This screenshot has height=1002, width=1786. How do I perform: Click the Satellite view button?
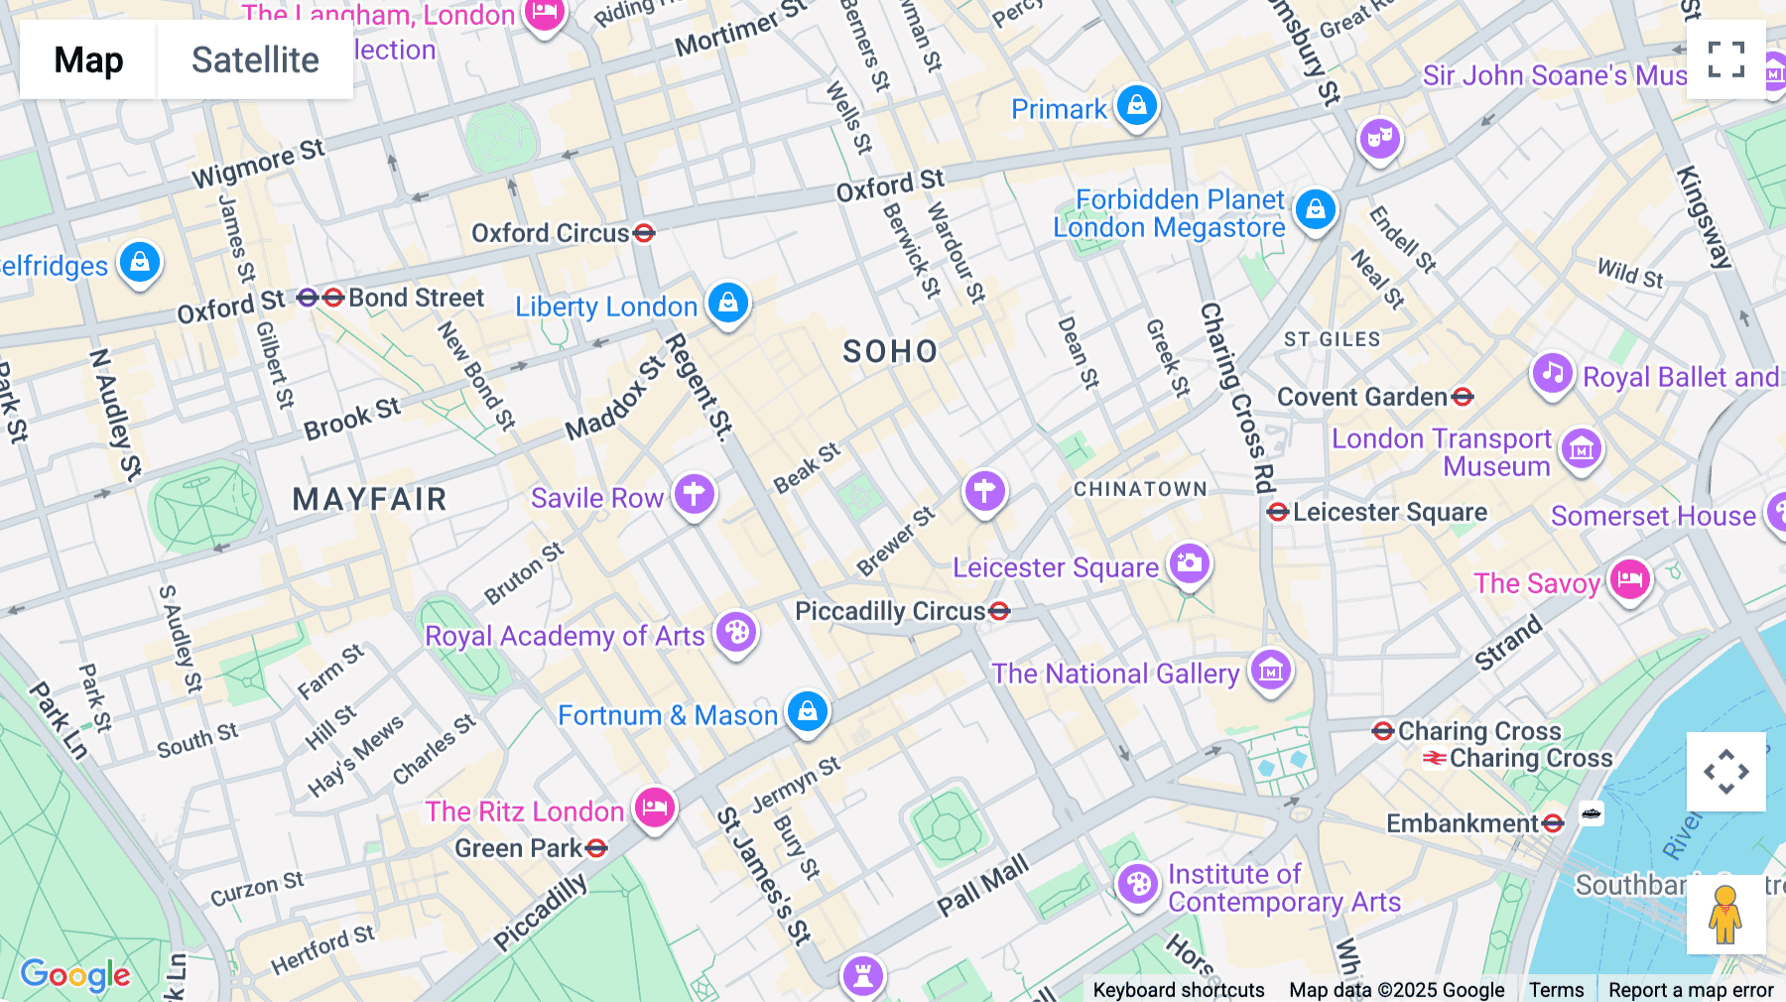point(255,60)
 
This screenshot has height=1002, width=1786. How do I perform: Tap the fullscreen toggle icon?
point(1725,60)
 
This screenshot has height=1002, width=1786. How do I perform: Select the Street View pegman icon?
point(1725,915)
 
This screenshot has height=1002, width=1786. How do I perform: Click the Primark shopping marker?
point(1137,105)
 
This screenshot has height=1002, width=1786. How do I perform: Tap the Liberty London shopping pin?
point(728,302)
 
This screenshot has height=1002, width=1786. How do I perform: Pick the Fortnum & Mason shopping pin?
point(808,711)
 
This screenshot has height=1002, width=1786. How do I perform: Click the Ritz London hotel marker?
point(655,808)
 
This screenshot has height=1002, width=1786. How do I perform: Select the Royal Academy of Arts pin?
point(736,632)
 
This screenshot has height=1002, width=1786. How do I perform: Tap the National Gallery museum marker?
point(1271,671)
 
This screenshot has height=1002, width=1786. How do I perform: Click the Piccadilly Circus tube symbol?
point(999,611)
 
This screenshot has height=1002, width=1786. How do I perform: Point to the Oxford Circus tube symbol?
point(644,233)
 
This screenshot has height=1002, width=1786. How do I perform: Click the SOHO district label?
point(890,351)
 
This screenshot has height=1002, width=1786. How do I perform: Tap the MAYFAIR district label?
point(369,499)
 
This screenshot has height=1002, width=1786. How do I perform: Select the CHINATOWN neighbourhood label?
point(1140,489)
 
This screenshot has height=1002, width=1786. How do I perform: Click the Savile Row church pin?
point(695,493)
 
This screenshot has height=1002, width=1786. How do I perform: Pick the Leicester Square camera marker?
point(1189,564)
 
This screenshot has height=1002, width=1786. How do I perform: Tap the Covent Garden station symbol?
point(1462,397)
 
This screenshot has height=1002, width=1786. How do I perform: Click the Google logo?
point(75,974)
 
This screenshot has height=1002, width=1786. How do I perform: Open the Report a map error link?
point(1691,990)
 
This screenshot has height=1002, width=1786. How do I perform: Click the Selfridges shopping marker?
point(140,262)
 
